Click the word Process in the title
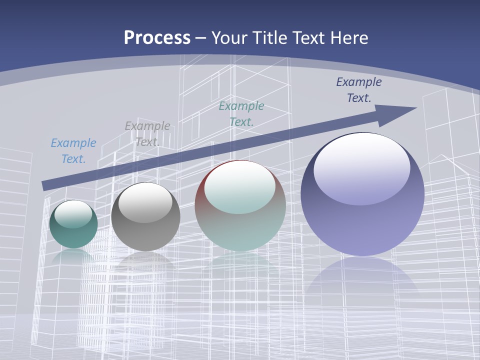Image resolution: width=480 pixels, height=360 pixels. click(x=157, y=38)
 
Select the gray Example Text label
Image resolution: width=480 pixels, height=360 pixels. click(x=147, y=133)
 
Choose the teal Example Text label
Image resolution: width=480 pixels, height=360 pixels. click(x=241, y=113)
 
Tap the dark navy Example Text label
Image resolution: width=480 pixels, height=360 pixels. click(x=359, y=89)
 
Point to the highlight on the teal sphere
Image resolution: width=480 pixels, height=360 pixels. click(x=73, y=214)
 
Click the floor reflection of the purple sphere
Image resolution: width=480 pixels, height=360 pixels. click(x=362, y=280)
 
